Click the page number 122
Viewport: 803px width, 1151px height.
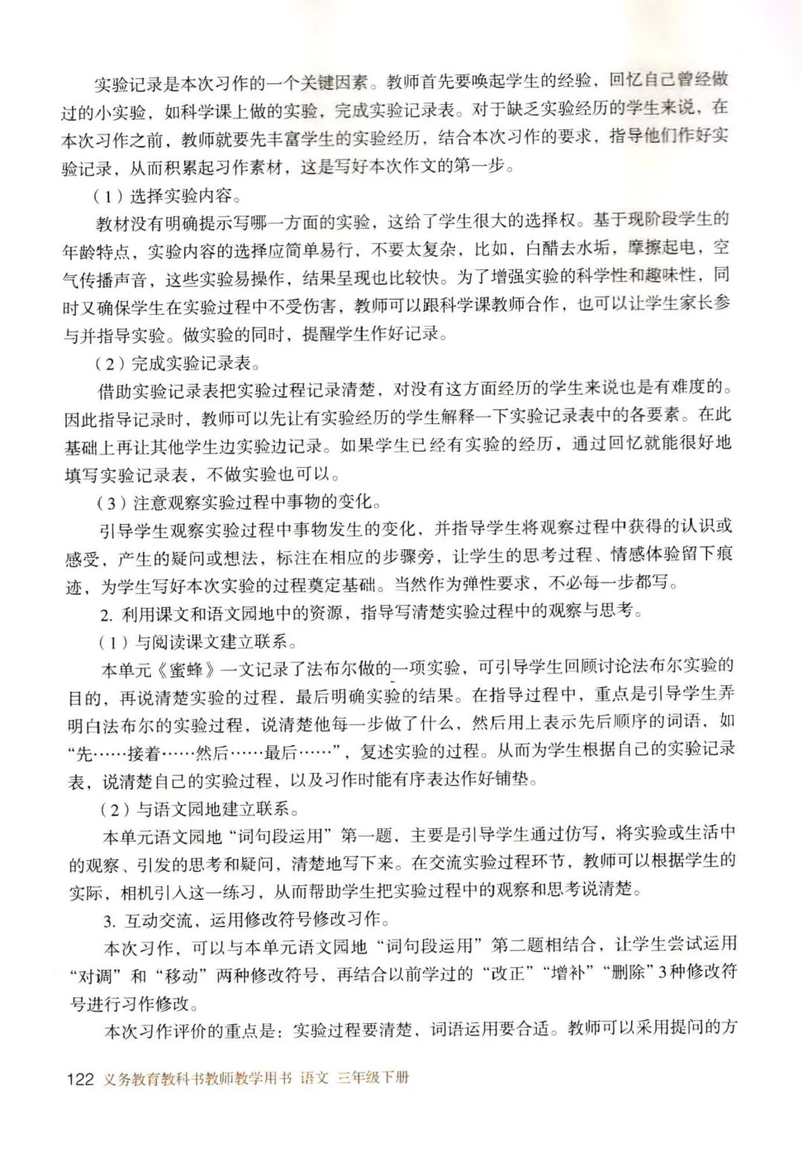coord(80,1078)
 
